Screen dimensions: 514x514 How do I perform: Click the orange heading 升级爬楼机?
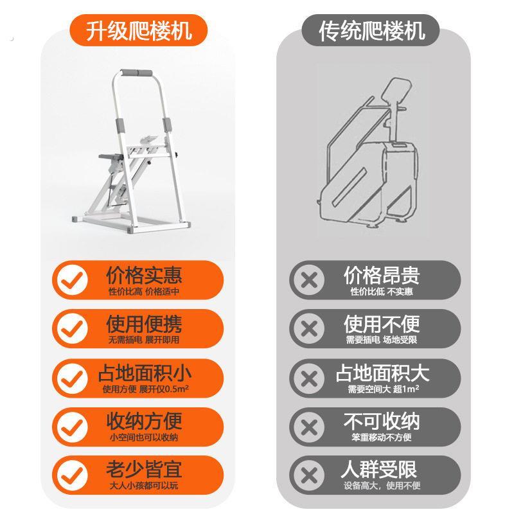click(x=139, y=30)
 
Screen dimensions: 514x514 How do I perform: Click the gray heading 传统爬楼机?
click(x=372, y=30)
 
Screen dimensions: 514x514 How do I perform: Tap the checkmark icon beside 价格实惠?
click(x=73, y=280)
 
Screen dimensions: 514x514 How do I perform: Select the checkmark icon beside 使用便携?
click(x=73, y=329)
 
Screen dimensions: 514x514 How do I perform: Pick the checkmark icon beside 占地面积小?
click(x=73, y=378)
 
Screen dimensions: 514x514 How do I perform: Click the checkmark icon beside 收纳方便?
click(x=73, y=427)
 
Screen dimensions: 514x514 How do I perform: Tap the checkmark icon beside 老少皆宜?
click(x=73, y=475)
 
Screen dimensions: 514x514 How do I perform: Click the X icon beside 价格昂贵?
click(x=309, y=280)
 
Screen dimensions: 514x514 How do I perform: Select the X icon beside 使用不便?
click(x=309, y=329)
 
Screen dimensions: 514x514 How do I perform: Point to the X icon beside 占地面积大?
click(x=309, y=378)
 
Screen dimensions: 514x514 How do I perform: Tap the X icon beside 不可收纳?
click(x=309, y=427)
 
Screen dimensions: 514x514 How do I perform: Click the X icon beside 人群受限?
click(x=309, y=475)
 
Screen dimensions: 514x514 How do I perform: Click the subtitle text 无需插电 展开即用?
click(x=144, y=340)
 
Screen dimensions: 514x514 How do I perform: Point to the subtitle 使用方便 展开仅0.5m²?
click(x=146, y=389)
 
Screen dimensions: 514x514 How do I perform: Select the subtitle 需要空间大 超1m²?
click(x=383, y=389)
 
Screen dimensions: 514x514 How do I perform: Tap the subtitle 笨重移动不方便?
click(x=382, y=438)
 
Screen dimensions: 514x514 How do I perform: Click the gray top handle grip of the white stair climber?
click(x=137, y=73)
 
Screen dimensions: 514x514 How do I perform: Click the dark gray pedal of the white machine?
click(x=111, y=157)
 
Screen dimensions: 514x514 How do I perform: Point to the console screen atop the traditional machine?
click(x=396, y=90)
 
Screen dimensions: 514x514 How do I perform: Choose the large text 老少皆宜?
click(x=144, y=470)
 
